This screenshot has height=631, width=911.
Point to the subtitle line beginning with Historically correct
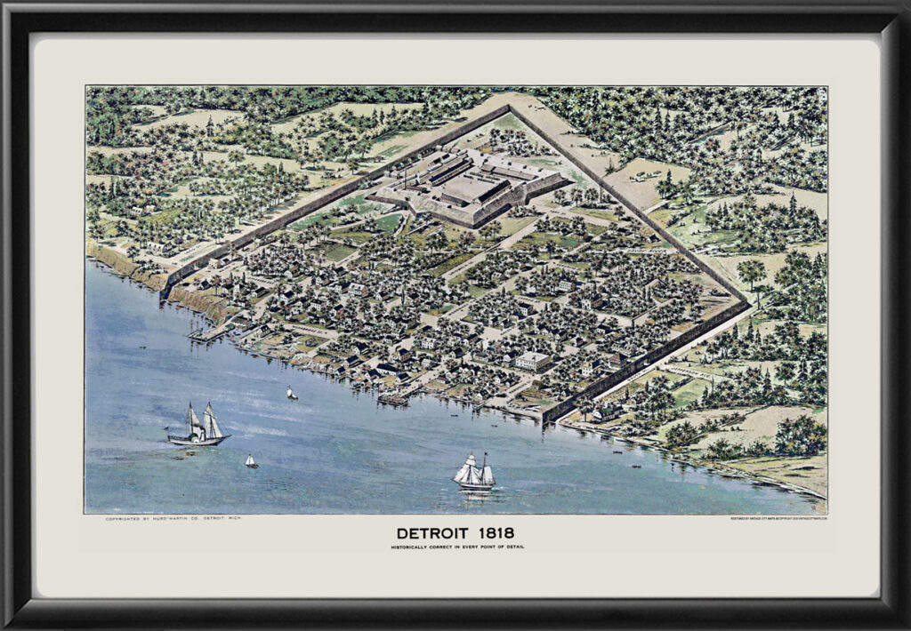456,547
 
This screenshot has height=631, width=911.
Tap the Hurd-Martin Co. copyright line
173,518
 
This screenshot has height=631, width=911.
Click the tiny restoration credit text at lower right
778,518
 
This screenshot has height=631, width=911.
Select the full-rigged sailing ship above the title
474,473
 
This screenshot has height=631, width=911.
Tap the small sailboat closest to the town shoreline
291,393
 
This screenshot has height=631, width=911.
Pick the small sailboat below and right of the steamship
251,461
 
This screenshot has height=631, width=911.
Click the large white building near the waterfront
532,361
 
